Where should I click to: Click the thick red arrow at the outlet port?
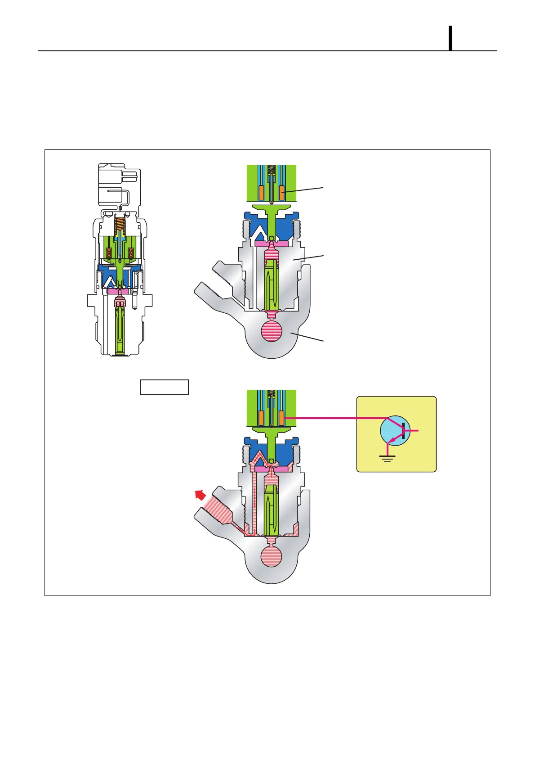(200, 495)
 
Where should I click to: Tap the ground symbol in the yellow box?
(387, 458)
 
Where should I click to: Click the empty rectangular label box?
(164, 387)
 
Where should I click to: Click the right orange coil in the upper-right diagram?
(281, 193)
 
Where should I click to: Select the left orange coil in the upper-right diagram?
(261, 193)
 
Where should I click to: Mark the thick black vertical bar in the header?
(450, 38)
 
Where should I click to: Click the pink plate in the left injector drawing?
(120, 291)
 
